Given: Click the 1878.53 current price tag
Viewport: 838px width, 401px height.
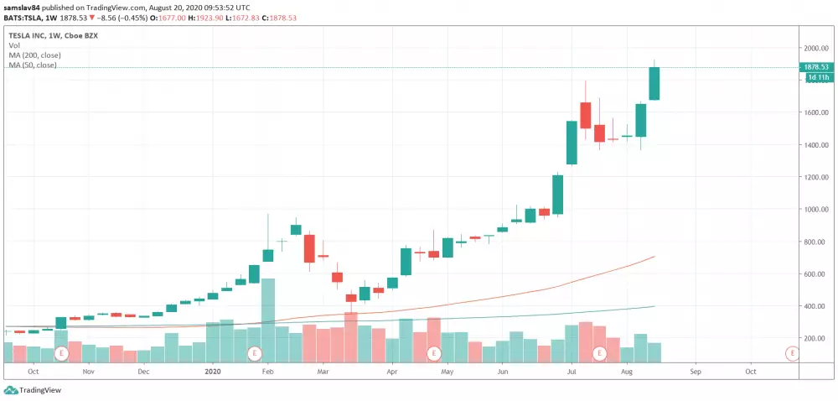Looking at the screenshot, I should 815,67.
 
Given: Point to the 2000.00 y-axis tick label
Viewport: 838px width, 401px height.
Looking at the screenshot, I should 816,48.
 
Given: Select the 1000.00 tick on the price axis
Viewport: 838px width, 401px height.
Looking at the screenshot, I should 816,210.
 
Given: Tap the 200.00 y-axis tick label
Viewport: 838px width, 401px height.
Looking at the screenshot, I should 818,338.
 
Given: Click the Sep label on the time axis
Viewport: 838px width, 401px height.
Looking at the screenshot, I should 695,370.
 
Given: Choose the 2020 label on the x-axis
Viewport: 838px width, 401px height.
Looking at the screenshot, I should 214,370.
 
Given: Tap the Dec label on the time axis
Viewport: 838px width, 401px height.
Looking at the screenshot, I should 143,370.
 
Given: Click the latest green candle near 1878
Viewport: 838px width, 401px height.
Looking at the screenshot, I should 654,83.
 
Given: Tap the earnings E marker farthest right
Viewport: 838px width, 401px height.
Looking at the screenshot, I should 791,354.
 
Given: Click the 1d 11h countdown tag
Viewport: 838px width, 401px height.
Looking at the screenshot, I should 817,78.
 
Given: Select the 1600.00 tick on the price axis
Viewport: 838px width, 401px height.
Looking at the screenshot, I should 816,112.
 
